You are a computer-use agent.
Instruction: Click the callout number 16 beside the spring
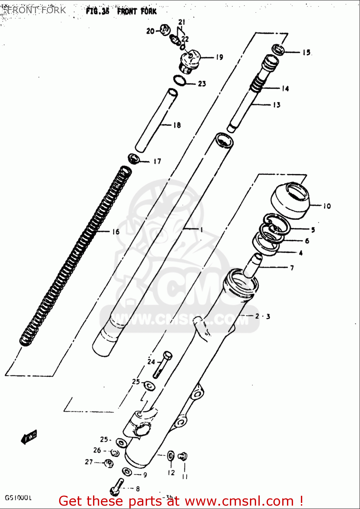coord(116,232)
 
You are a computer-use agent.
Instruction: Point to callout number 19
coord(219,57)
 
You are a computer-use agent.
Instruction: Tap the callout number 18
coord(177,125)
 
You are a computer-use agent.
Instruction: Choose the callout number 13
coord(277,105)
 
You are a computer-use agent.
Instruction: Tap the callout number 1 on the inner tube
coord(201,230)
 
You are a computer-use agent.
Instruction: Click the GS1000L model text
coord(18,498)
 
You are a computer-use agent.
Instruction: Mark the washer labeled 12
coord(171,456)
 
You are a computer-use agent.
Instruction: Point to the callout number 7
coord(292,268)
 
